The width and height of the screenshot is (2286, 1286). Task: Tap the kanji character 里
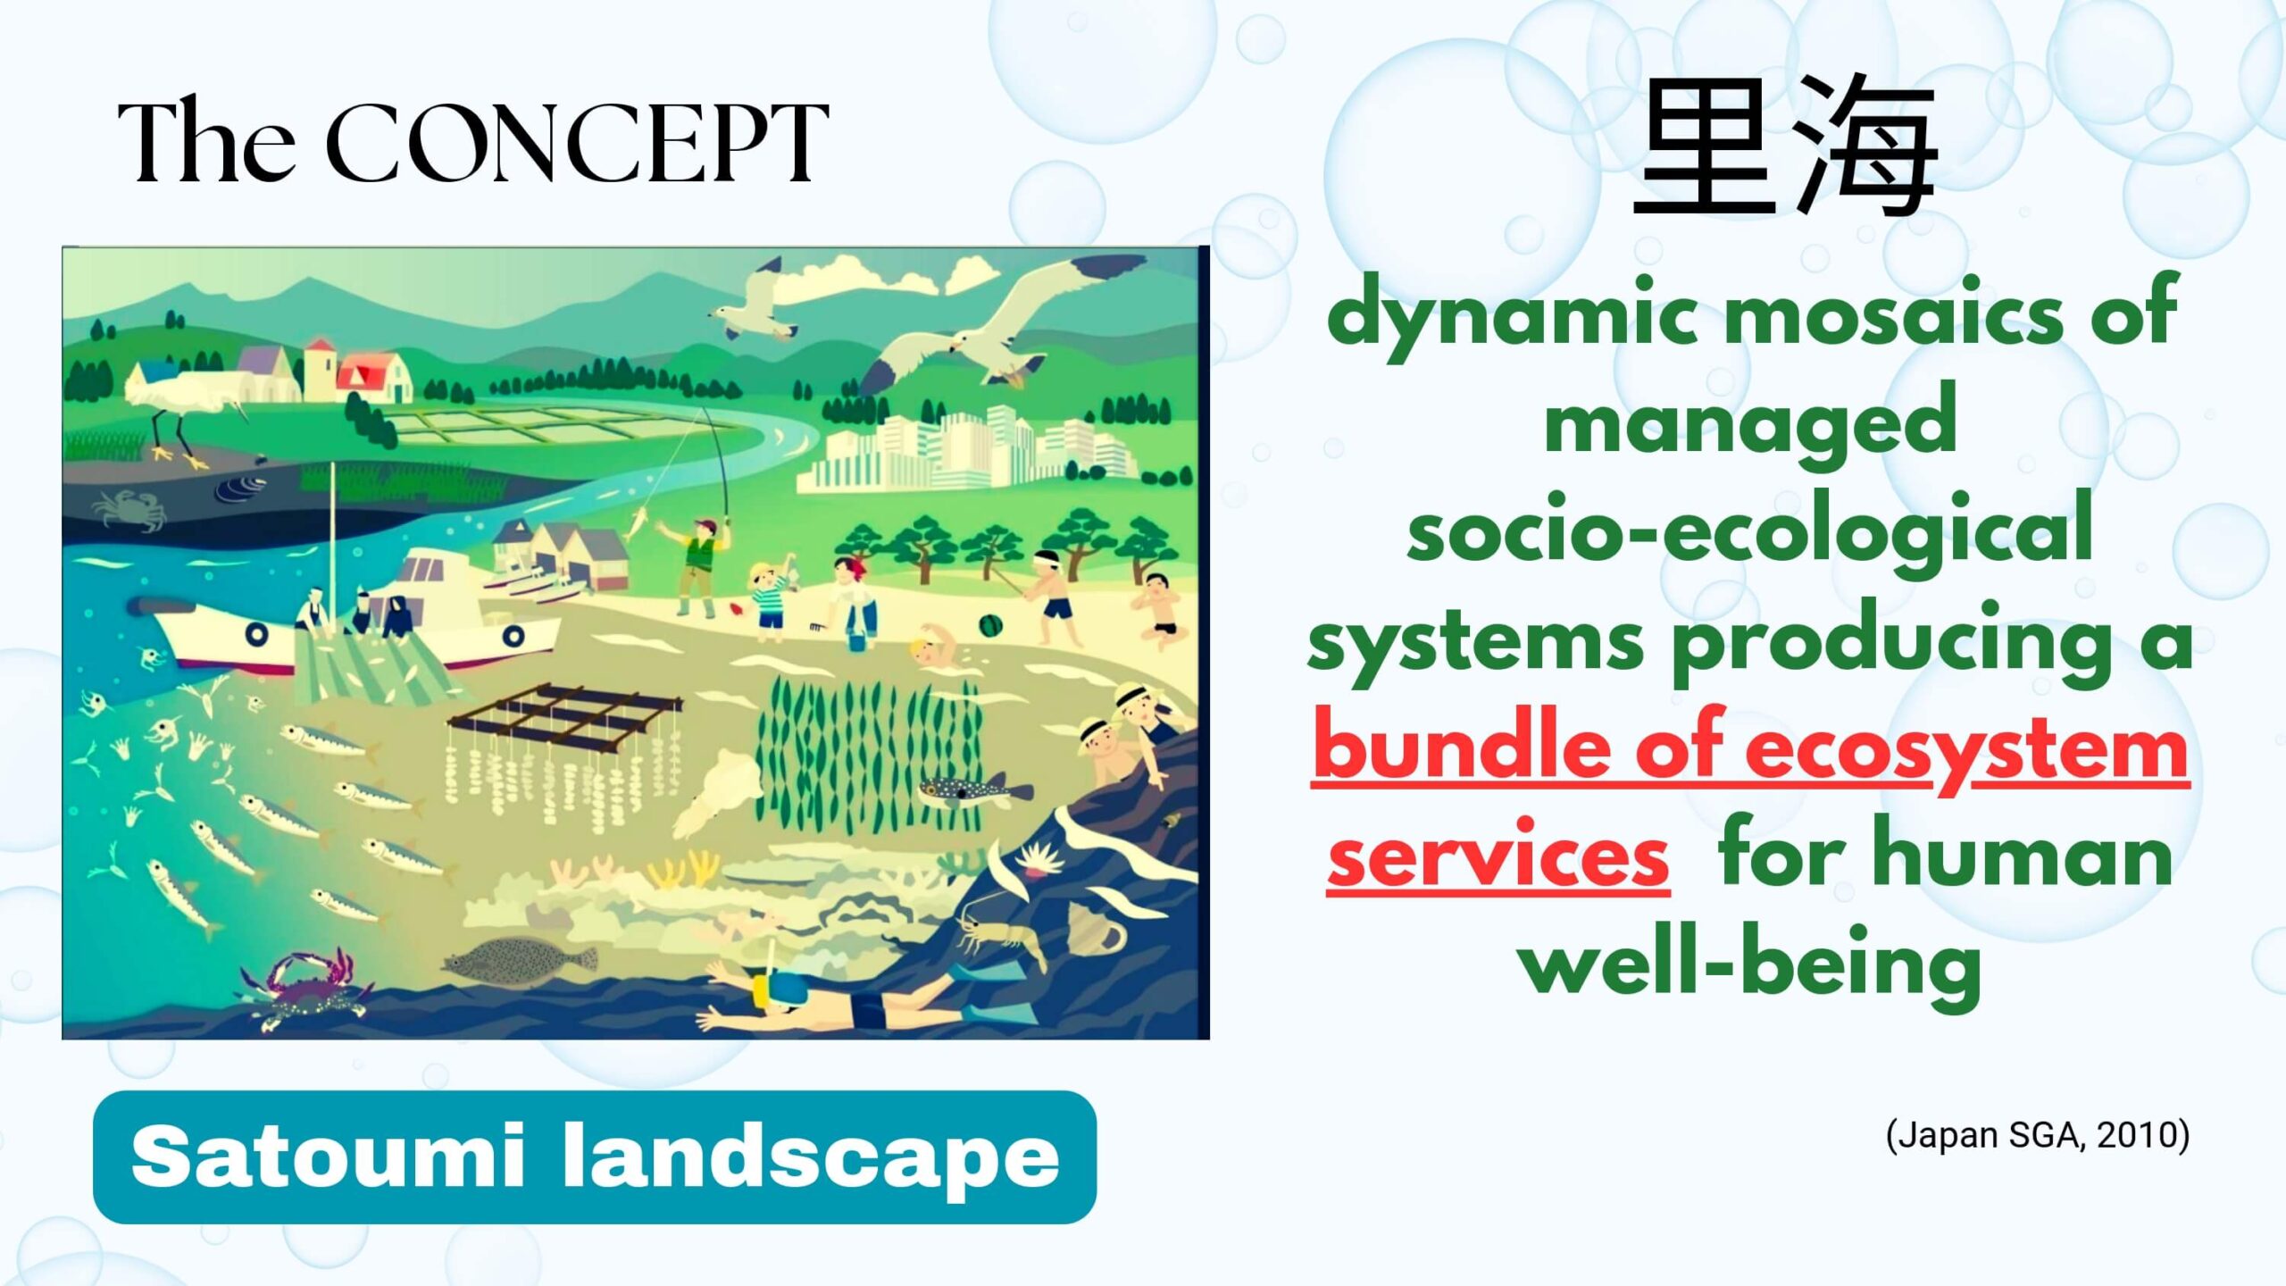pos(1707,147)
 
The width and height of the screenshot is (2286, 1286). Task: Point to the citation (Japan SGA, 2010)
pos(2037,1135)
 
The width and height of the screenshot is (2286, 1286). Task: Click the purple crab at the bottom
pos(305,986)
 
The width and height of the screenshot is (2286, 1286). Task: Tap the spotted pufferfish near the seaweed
pos(974,790)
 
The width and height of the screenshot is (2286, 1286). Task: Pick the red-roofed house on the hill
pos(375,375)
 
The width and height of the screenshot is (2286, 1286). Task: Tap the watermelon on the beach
pos(989,625)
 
